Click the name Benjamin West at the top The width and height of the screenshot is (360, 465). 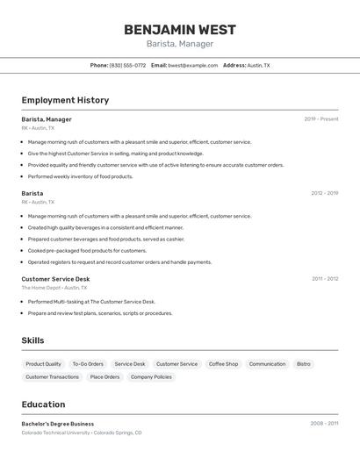[x=179, y=29]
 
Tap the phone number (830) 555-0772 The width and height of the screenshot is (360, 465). [x=127, y=65]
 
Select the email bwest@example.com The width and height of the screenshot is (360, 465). [x=192, y=65]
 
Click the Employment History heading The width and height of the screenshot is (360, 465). [x=65, y=100]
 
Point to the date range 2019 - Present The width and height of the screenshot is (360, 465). [x=321, y=119]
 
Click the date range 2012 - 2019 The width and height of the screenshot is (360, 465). [x=324, y=193]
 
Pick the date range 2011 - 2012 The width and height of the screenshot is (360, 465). [x=325, y=279]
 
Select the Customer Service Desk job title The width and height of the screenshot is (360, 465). [x=55, y=279]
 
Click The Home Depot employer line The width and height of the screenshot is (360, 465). [x=54, y=288]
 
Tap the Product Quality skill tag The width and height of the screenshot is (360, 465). [x=43, y=364]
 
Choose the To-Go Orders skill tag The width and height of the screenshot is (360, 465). [x=88, y=364]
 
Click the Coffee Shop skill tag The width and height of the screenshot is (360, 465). [x=223, y=364]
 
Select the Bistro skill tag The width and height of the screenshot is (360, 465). [x=303, y=364]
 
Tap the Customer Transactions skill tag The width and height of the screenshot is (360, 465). [x=52, y=377]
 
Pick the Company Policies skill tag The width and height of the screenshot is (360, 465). [x=151, y=377]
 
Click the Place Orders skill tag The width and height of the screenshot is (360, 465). [x=104, y=377]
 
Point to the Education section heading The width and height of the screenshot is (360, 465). [x=43, y=404]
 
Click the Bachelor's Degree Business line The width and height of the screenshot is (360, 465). [x=58, y=424]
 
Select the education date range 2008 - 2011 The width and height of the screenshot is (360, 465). [x=324, y=424]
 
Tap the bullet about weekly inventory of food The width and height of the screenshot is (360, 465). [x=81, y=176]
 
